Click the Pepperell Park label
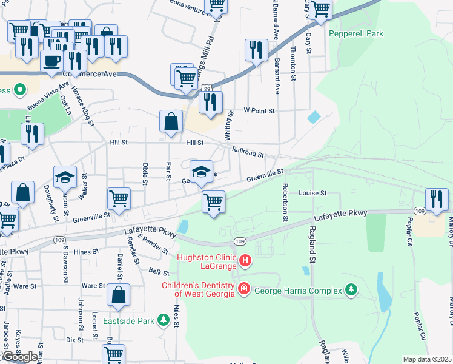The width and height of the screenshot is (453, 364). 356,34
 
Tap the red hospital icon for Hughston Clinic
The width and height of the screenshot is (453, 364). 245,261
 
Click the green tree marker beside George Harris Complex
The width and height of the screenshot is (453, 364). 350,291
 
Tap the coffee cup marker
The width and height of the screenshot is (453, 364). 52,61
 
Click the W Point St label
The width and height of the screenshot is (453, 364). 259,111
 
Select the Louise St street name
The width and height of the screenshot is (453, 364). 312,193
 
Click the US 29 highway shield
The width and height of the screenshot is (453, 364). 207,89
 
